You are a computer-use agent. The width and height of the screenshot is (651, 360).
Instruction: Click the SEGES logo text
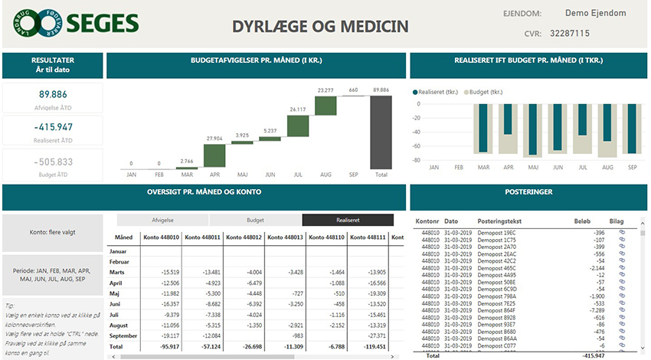[103, 24]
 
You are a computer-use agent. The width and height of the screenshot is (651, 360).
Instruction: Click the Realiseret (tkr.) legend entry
[439, 91]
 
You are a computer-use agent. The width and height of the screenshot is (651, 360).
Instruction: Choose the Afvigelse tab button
[162, 220]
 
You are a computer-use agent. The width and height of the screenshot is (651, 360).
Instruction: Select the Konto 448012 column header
[244, 237]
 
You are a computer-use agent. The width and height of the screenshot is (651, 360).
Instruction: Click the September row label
[125, 336]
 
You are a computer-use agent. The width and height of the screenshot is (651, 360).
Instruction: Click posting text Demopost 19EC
[496, 232]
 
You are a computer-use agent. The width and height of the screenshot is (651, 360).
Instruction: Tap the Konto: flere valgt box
[52, 232]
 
